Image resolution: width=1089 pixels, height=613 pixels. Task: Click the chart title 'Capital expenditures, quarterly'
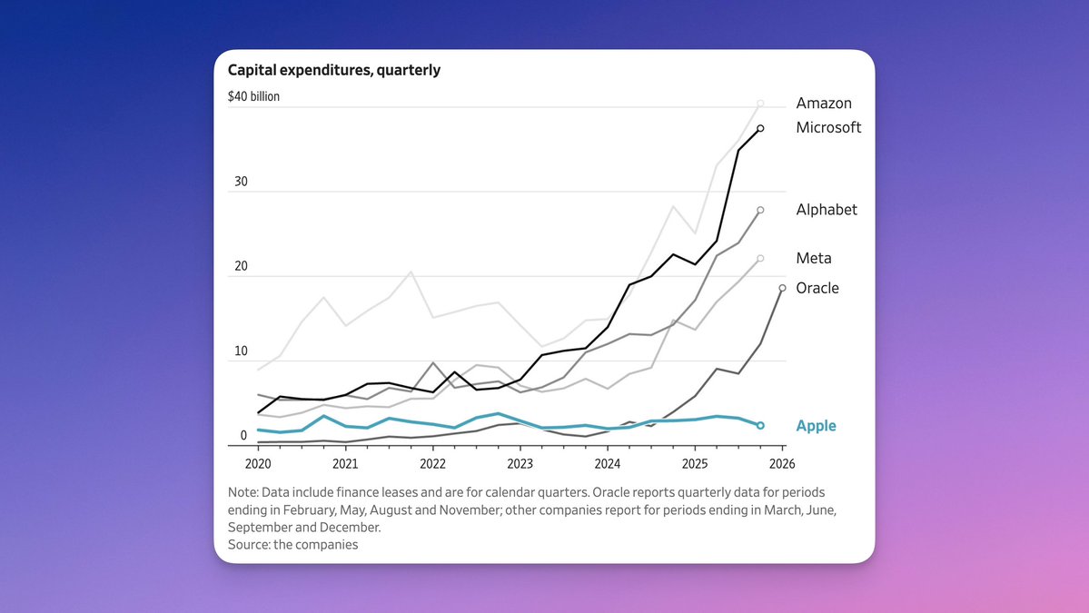(x=333, y=70)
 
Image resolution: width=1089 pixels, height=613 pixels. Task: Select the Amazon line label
(x=824, y=104)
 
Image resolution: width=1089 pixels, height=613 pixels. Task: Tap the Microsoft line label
(x=828, y=127)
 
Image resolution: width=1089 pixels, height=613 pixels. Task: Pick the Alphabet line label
(x=827, y=210)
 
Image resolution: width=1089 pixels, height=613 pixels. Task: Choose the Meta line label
(x=814, y=259)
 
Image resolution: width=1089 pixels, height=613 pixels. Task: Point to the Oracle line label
(x=817, y=288)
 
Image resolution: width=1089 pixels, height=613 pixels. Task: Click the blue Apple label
(x=816, y=426)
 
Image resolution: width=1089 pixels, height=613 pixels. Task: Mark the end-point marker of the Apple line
(x=760, y=425)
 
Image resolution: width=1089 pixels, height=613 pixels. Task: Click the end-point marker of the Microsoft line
(x=760, y=128)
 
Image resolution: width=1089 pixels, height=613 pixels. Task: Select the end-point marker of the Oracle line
(x=782, y=288)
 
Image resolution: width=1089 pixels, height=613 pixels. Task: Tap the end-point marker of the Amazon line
(x=760, y=104)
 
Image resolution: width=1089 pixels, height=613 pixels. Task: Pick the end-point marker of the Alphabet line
(x=760, y=210)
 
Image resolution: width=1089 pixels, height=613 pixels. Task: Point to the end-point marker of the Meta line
(x=760, y=259)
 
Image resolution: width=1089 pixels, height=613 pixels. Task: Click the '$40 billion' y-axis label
(x=253, y=96)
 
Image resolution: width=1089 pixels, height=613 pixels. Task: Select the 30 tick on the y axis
(x=241, y=182)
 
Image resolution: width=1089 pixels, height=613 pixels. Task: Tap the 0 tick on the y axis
(x=243, y=435)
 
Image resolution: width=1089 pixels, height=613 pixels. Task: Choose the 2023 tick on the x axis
(x=520, y=464)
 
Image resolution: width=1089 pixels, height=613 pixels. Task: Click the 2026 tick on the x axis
(x=781, y=464)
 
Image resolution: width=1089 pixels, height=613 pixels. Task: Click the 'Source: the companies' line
(x=292, y=545)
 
